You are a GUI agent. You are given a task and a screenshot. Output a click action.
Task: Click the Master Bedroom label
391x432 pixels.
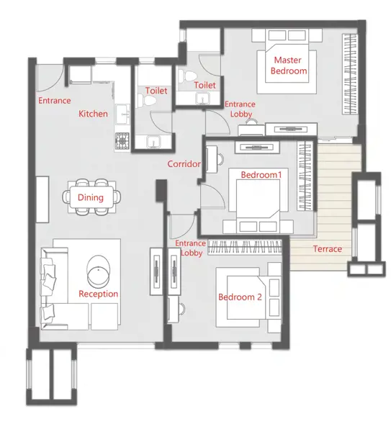[289, 66]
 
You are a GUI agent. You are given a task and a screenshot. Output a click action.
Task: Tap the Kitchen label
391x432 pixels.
[93, 114]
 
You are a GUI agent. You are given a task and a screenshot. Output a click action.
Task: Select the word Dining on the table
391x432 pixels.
[91, 197]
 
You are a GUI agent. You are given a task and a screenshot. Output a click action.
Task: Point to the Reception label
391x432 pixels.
[99, 294]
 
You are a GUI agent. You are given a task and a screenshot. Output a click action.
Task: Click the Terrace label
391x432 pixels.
[328, 249]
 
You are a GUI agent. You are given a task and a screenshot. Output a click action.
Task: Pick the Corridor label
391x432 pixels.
[184, 164]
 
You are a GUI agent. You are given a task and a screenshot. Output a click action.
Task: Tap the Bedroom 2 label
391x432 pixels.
[240, 297]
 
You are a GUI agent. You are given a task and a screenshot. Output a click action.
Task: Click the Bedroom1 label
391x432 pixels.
[261, 175]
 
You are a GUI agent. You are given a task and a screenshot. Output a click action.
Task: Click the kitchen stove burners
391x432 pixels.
[122, 141]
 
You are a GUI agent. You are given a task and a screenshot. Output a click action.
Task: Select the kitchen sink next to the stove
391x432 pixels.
[122, 114]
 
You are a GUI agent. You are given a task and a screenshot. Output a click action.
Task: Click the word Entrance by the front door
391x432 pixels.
[54, 101]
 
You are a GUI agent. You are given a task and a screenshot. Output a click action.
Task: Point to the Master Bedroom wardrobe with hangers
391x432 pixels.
[350, 74]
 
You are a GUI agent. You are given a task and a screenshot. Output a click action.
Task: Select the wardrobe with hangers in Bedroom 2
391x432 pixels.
[245, 247]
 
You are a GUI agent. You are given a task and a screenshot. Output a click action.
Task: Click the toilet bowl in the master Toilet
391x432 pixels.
[187, 76]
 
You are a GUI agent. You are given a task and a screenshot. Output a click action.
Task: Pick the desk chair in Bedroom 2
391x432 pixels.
[182, 309]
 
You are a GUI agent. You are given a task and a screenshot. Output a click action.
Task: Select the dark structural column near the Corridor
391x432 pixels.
[161, 191]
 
